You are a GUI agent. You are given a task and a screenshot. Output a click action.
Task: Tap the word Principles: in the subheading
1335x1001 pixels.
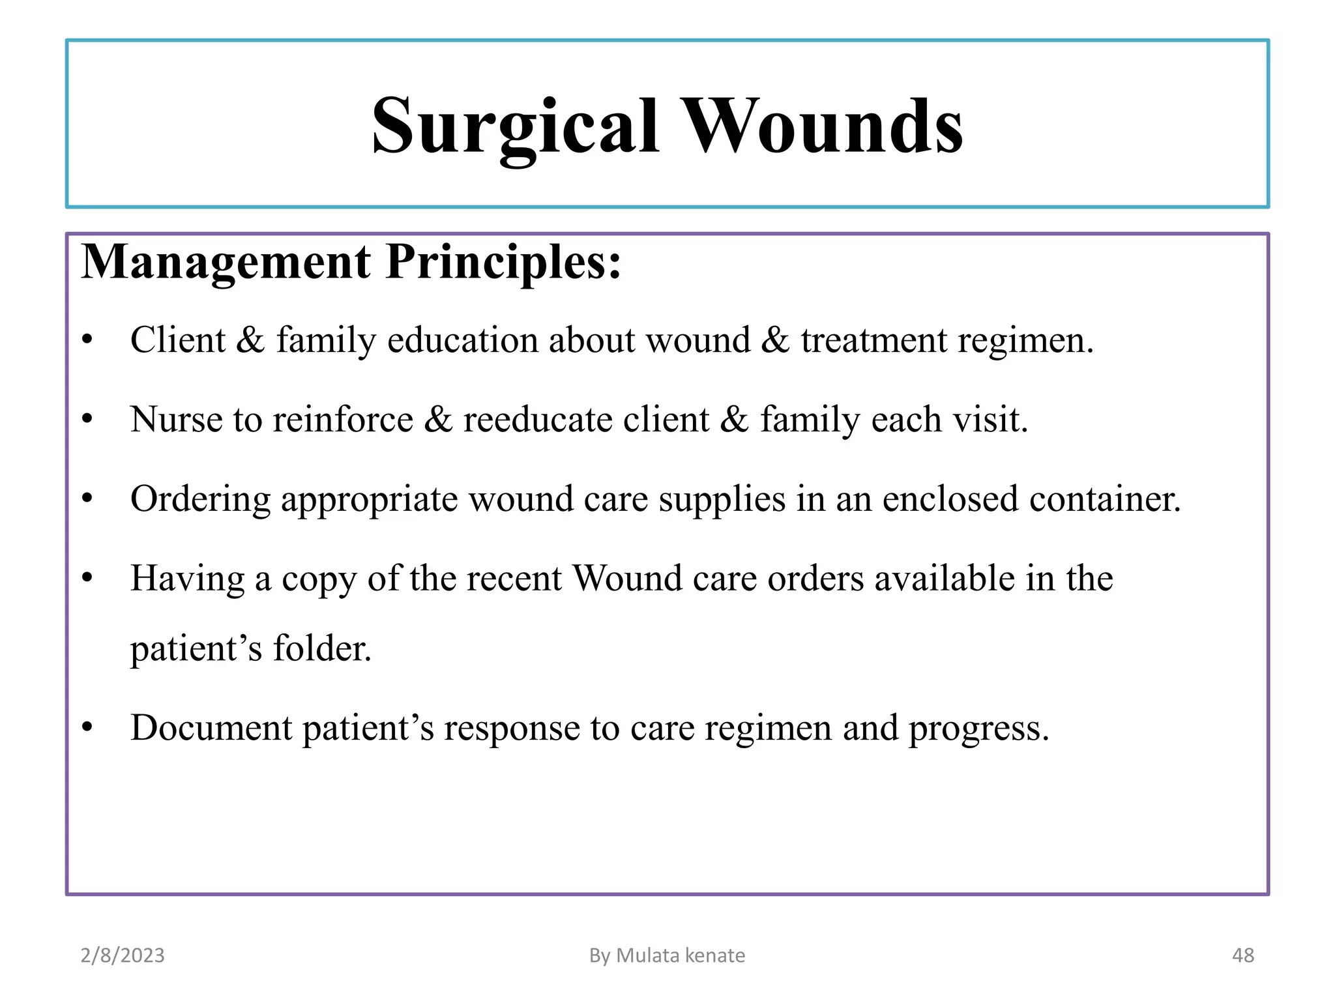tap(503, 262)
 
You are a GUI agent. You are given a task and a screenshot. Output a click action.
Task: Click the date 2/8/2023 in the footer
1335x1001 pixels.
tap(123, 955)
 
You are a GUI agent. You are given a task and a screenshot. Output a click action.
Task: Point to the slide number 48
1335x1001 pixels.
tap(1242, 955)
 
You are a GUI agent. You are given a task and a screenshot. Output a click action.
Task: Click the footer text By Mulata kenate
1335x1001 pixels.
tap(667, 955)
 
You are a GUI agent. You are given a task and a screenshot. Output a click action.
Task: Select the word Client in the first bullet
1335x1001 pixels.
tap(177, 340)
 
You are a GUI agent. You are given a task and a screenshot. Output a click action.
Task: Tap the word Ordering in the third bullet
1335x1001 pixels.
tap(200, 499)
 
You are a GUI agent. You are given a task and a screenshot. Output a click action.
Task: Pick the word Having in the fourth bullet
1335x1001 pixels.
tap(187, 578)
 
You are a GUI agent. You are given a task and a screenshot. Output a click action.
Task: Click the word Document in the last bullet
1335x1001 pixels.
tap(211, 728)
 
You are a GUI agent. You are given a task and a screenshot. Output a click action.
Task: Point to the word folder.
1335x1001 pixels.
tap(322, 648)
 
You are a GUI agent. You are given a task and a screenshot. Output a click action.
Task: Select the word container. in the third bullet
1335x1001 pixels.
tap(1105, 499)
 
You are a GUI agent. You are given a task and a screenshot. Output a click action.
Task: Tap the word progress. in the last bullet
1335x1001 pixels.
tap(978, 728)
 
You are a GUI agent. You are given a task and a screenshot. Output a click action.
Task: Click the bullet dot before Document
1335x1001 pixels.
tap(87, 727)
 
